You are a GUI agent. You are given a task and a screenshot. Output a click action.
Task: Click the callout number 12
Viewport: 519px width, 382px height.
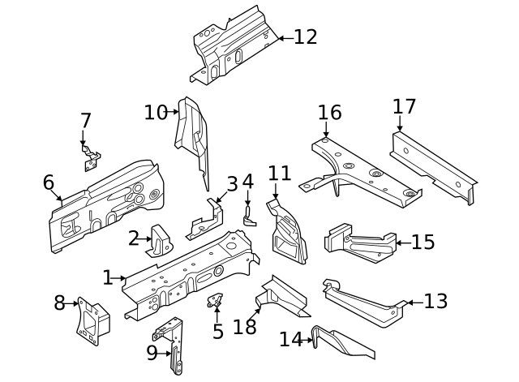306,37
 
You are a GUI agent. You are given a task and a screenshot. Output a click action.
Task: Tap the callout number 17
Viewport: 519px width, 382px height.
404,107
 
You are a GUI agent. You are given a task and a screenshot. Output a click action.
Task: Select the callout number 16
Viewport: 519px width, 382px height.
330,113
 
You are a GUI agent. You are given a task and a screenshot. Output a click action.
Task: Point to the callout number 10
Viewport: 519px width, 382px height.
156,113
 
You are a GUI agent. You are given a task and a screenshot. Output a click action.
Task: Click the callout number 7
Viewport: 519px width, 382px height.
86,121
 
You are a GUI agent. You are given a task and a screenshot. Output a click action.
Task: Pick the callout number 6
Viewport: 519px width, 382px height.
49,182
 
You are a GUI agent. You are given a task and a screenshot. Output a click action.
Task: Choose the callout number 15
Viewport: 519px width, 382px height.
423,243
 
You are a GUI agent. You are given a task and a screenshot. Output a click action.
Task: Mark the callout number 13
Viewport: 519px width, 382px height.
435,302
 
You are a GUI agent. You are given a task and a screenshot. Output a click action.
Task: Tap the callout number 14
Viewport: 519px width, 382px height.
290,339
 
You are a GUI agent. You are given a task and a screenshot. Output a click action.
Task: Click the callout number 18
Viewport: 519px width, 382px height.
245,327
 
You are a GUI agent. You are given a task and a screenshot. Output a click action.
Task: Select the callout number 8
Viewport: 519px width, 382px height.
59,303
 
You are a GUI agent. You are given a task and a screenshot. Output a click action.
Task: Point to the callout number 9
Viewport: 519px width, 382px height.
152,353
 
